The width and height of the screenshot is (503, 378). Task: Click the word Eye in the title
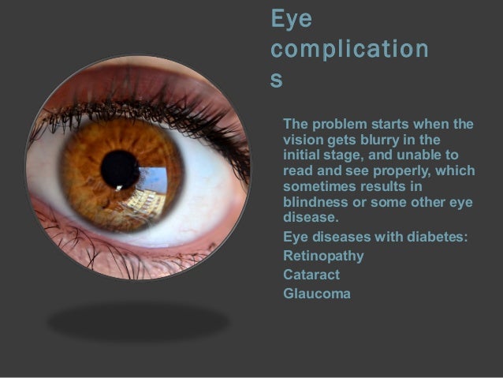[x=291, y=19]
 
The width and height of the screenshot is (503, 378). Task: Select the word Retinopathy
[x=323, y=256]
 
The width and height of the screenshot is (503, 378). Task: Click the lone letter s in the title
[x=276, y=82]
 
